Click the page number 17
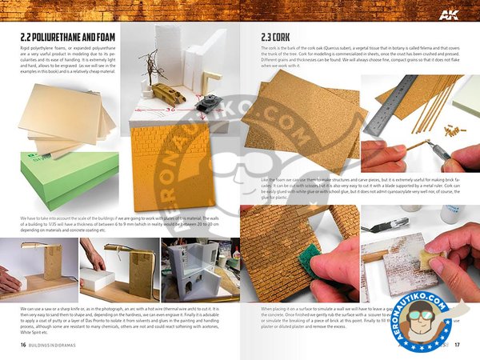point(457,346)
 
